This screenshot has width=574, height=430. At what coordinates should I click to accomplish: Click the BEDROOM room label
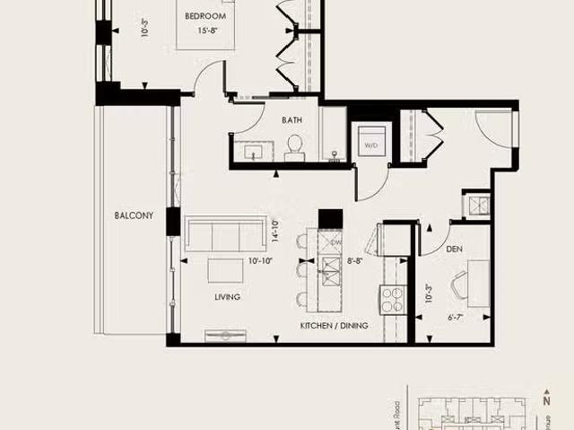(206, 16)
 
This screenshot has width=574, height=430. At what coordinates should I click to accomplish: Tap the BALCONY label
(134, 215)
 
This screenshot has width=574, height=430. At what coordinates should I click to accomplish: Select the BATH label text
(291, 119)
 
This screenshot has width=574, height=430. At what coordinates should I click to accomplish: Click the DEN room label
(454, 250)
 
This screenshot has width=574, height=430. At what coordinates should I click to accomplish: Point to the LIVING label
(227, 296)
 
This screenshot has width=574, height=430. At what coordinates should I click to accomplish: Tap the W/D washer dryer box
(370, 141)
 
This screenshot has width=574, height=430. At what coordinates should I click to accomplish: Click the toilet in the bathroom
(294, 148)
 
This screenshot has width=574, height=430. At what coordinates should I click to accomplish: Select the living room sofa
(223, 235)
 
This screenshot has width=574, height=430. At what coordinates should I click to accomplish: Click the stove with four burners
(393, 299)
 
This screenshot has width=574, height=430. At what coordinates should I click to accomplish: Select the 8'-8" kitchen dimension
(355, 261)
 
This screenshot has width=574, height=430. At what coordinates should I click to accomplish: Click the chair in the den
(461, 288)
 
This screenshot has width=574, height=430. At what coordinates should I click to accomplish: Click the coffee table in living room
(225, 269)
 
